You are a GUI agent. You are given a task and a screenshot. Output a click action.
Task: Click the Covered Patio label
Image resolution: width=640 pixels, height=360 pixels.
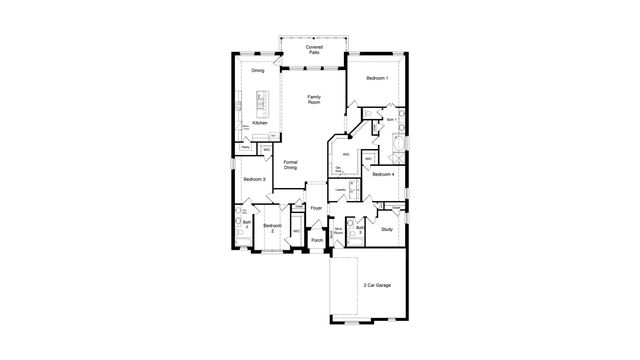click(x=314, y=48)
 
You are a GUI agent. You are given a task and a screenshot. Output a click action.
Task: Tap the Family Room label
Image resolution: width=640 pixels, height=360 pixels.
click(x=314, y=99)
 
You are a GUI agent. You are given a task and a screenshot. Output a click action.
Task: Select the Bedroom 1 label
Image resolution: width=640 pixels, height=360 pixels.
click(x=378, y=78)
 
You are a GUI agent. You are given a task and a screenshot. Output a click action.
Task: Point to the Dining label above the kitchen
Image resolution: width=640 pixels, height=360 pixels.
click(x=258, y=71)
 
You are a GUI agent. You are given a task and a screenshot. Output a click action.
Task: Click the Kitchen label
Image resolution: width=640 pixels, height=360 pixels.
click(x=259, y=123)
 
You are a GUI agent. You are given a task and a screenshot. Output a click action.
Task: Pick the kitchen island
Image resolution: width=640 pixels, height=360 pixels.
click(x=262, y=101)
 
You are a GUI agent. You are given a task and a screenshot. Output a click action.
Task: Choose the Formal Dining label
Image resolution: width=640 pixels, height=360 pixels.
click(x=290, y=165)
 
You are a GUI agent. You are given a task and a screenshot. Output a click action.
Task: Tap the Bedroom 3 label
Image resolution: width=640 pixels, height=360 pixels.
click(x=254, y=179)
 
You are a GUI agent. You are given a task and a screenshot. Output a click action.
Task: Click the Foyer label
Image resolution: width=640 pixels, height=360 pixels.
click(x=316, y=208)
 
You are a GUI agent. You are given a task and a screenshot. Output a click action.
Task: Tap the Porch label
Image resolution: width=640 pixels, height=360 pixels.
click(x=317, y=240)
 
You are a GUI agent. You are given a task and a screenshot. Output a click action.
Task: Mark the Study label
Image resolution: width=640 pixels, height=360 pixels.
click(x=386, y=230)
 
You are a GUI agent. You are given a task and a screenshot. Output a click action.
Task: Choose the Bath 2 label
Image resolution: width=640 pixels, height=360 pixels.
click(x=246, y=225)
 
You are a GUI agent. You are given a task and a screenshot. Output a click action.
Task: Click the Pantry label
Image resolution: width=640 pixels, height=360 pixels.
click(x=245, y=147)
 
